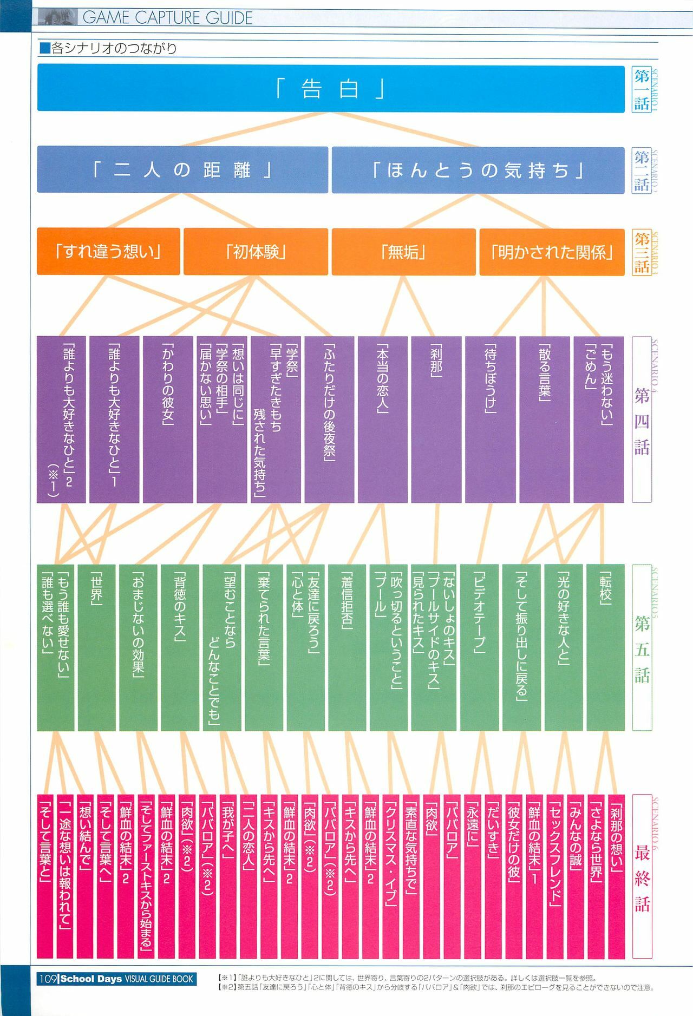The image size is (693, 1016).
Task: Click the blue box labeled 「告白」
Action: pyautogui.click(x=330, y=89)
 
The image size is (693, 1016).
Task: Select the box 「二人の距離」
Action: pyautogui.click(x=182, y=170)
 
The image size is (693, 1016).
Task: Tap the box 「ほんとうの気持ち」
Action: pyautogui.click(x=478, y=170)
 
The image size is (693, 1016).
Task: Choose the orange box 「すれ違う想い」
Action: pyautogui.click(x=108, y=252)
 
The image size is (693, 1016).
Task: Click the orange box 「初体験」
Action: pyautogui.click(x=256, y=252)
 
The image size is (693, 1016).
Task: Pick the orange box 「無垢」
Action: pyautogui.click(x=403, y=252)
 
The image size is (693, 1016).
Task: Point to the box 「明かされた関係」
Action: pyautogui.click(x=551, y=252)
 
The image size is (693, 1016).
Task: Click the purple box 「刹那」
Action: pyautogui.click(x=436, y=419)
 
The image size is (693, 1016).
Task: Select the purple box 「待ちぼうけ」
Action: pyautogui.click(x=490, y=419)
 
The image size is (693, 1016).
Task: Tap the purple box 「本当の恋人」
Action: pyautogui.click(x=382, y=419)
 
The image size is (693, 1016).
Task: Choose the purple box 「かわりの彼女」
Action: pyautogui.click(x=168, y=419)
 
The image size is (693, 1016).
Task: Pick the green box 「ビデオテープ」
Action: pyautogui.click(x=479, y=647)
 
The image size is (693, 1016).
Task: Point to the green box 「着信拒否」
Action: pyautogui.click(x=346, y=647)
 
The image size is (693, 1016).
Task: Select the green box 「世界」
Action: pyautogui.click(x=96, y=647)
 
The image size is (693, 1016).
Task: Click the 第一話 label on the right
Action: pyautogui.click(x=642, y=89)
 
